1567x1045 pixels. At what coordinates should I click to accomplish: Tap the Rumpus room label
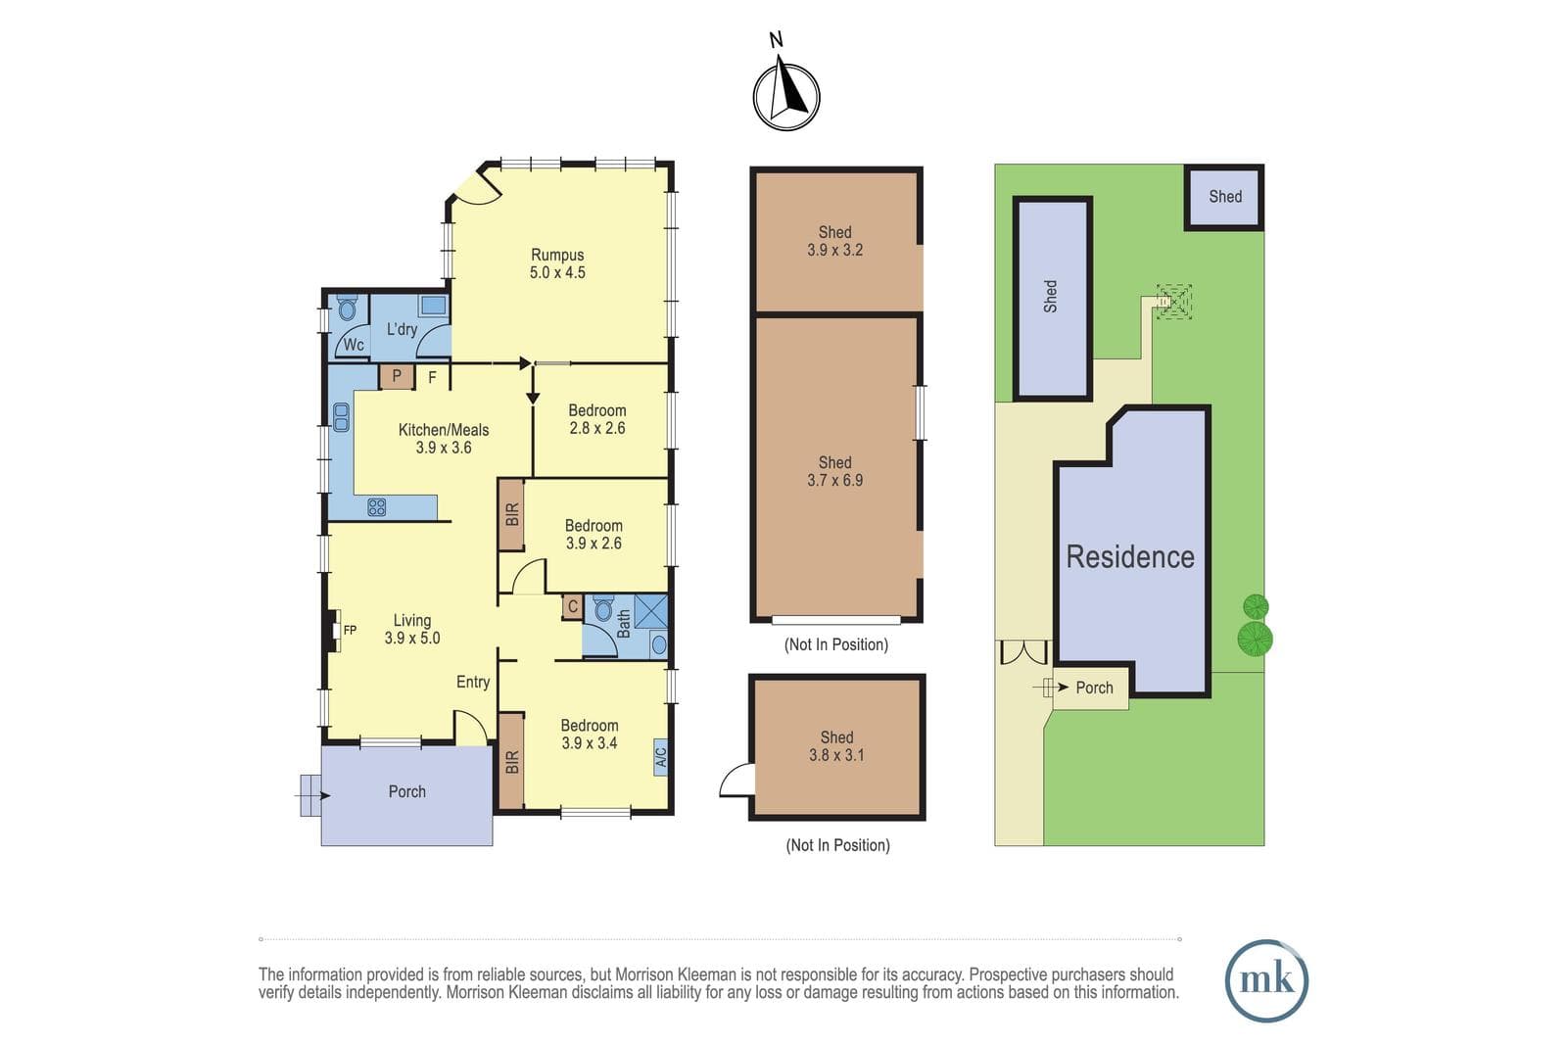coord(557,255)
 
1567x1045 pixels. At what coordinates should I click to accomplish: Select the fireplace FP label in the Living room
coord(350,630)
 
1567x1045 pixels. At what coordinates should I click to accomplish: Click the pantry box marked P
coord(396,377)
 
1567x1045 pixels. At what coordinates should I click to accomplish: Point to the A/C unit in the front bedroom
coord(660,757)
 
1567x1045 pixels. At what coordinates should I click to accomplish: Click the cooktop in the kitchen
coord(376,507)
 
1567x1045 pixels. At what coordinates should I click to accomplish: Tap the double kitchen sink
coord(341,417)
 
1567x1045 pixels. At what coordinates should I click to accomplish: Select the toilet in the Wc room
coord(347,308)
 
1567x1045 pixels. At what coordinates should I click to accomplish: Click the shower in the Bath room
coord(650,610)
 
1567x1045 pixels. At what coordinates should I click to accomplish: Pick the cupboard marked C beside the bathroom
coord(572,607)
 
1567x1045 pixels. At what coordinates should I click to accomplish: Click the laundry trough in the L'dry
coord(433,306)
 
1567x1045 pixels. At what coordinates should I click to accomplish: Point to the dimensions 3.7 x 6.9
coord(834,481)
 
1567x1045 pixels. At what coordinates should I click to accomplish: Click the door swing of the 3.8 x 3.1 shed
coord(736,780)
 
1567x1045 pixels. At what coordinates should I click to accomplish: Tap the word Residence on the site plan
coord(1130,557)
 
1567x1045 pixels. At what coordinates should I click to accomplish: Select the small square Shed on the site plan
coord(1224,197)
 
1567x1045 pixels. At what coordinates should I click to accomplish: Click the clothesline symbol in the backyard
coord(1174,302)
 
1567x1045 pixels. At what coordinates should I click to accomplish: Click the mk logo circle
coord(1266,980)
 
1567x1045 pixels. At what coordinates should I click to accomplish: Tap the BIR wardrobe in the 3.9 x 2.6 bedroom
coord(511,515)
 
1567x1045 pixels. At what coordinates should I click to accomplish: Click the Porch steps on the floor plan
coord(310,795)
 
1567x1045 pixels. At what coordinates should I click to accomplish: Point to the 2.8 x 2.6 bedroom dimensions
coord(596,428)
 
